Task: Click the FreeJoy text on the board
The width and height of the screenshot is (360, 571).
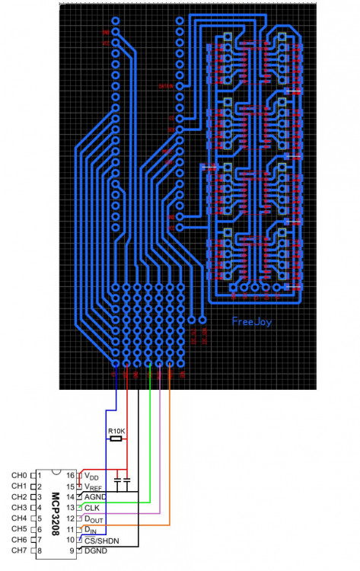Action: pyautogui.click(x=252, y=322)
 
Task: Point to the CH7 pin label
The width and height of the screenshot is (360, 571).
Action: pyautogui.click(x=19, y=550)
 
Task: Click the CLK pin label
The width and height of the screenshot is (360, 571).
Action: pyautogui.click(x=92, y=507)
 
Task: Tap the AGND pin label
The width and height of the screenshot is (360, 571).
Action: pyautogui.click(x=96, y=496)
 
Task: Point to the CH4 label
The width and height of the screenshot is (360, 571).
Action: pyautogui.click(x=19, y=518)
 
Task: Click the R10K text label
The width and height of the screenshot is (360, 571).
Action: pyautogui.click(x=116, y=432)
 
